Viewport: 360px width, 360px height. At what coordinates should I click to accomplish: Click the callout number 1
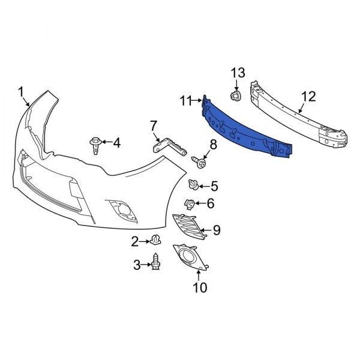pos(20,92)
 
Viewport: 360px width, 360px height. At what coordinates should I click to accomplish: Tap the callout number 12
pos(308,96)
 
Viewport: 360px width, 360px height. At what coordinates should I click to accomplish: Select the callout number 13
pos(238,73)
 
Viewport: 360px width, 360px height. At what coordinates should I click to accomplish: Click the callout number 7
pos(154,125)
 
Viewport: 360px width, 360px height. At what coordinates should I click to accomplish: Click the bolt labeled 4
pos(95,144)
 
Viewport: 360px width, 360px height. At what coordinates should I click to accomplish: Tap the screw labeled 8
pos(199,160)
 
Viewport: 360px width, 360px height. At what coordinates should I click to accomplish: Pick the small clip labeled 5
pos(194,184)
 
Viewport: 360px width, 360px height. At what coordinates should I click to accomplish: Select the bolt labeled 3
pos(157,263)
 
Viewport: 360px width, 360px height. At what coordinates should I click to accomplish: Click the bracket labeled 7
pos(168,146)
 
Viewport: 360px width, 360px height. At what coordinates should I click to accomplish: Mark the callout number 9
pos(217,229)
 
